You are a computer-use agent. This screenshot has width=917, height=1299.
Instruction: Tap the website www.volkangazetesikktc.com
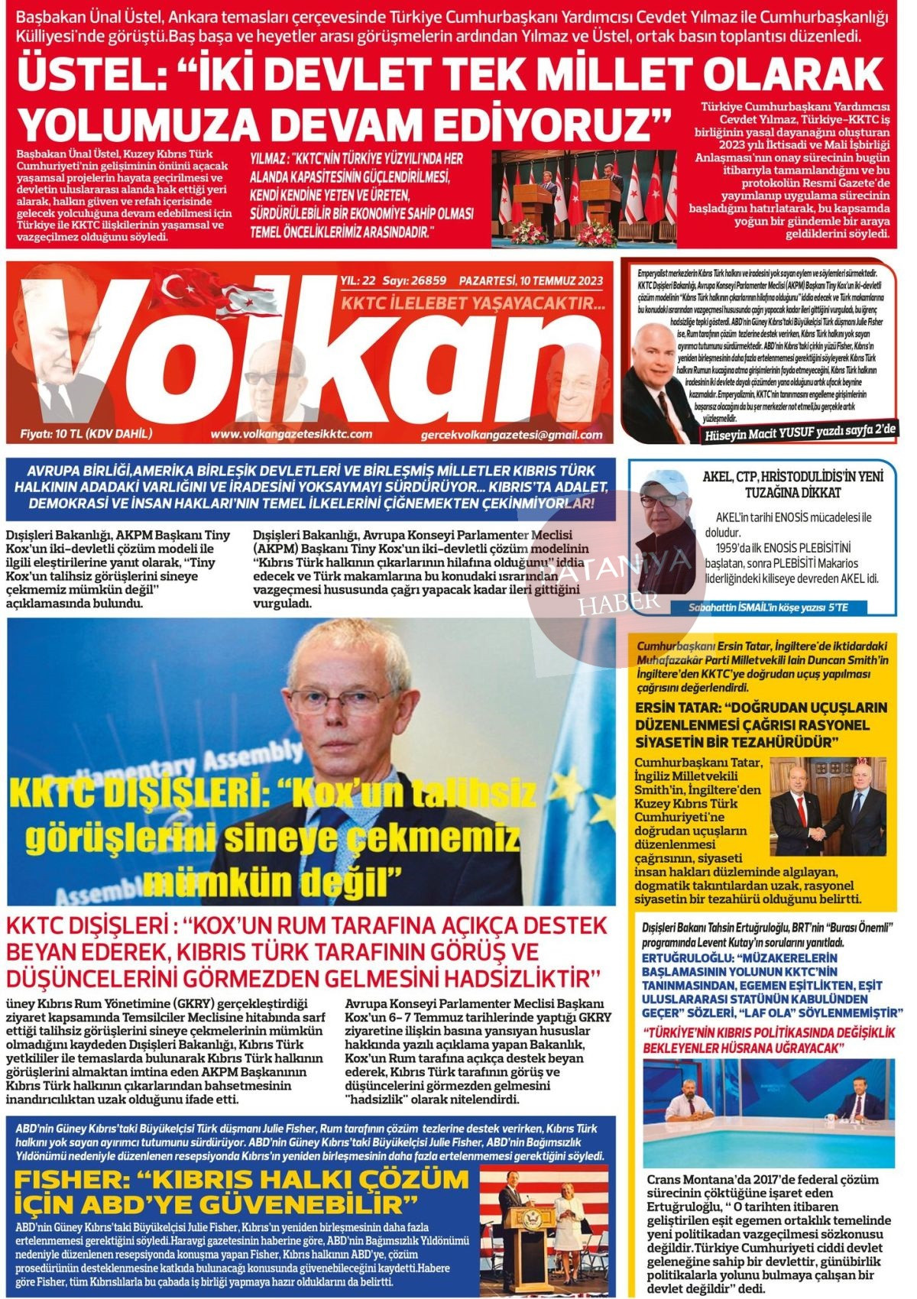290,434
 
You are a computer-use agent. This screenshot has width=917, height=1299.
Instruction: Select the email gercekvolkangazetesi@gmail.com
511,435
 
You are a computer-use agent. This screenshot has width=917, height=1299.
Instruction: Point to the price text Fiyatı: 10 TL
86,434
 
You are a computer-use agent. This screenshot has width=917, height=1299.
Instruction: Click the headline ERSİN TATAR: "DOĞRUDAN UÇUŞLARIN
761,724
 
